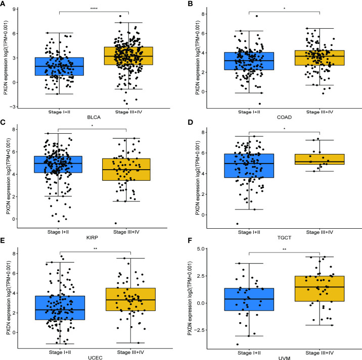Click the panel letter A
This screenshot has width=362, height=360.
[x=4, y=5]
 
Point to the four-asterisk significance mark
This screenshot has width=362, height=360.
[x=94, y=9]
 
